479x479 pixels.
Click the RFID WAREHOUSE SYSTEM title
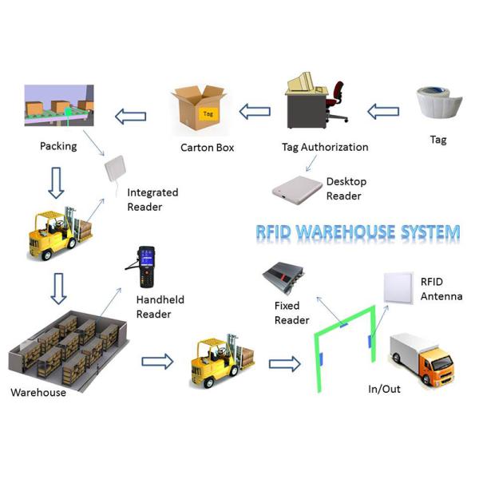tap(358, 232)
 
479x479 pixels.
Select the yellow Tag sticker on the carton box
tap(208, 113)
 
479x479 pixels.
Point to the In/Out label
tap(384, 390)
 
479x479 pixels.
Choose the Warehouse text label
tap(38, 392)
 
